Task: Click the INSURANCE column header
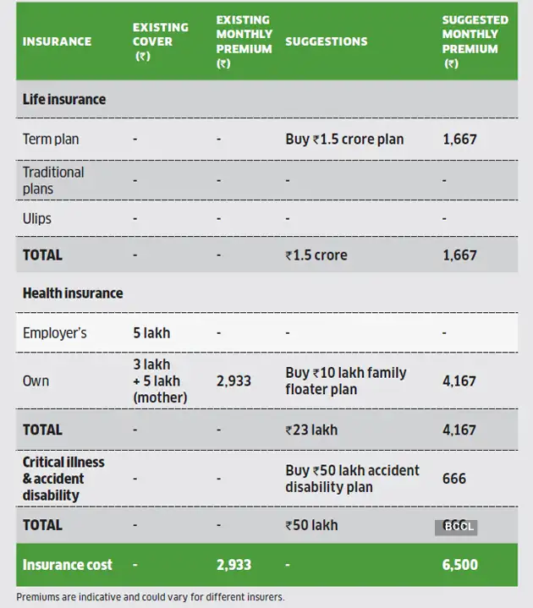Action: [57, 41]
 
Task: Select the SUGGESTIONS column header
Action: [326, 41]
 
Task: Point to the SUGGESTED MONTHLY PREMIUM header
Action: [475, 41]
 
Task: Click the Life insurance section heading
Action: [64, 99]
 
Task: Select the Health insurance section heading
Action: [73, 293]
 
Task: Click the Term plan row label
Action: [51, 139]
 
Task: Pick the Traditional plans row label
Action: [53, 180]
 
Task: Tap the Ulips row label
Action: [37, 218]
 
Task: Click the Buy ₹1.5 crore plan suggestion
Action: [344, 139]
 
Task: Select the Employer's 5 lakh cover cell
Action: [151, 332]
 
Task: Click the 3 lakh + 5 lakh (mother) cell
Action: [160, 381]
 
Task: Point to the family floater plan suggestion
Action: [345, 381]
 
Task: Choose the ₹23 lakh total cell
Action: [311, 430]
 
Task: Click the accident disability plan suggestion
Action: [352, 479]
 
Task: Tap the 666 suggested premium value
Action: [454, 479]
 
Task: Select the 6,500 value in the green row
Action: [460, 565]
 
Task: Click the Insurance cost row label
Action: [67, 565]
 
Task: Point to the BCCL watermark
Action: [456, 527]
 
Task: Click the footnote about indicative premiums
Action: [151, 597]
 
